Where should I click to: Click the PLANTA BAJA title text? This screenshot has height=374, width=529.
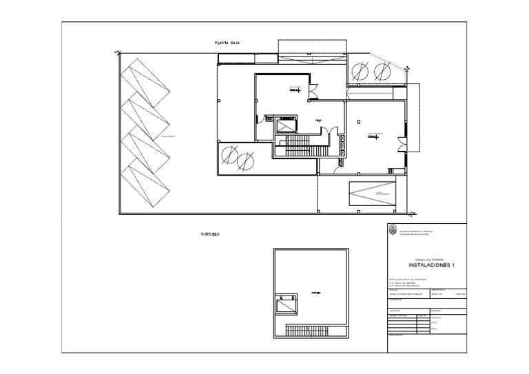coord(226,43)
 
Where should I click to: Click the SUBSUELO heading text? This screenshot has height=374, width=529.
coord(209,235)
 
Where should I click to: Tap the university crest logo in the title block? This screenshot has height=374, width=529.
coord(393,231)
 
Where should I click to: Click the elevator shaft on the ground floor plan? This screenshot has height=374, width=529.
coord(287,125)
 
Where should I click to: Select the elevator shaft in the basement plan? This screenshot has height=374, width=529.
coord(286,304)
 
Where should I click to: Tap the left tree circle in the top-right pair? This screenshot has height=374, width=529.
coord(360,70)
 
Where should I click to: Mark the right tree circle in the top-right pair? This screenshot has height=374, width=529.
coord(380,70)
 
